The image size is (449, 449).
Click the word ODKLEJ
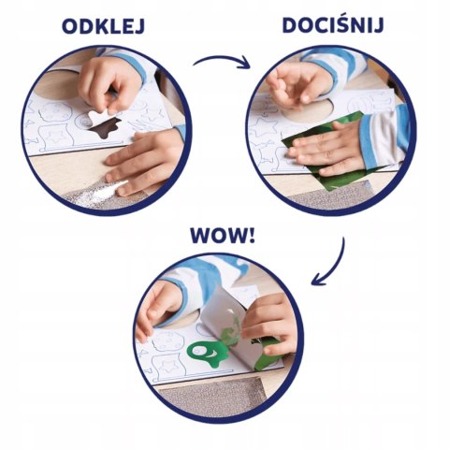coord(103,26)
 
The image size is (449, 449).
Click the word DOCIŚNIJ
coord(333,24)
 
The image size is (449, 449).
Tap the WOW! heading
coord(223,236)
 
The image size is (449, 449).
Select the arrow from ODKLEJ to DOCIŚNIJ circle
coord(223,59)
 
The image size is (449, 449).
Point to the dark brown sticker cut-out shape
coord(103,129)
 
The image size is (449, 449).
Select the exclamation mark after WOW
coord(252,236)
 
